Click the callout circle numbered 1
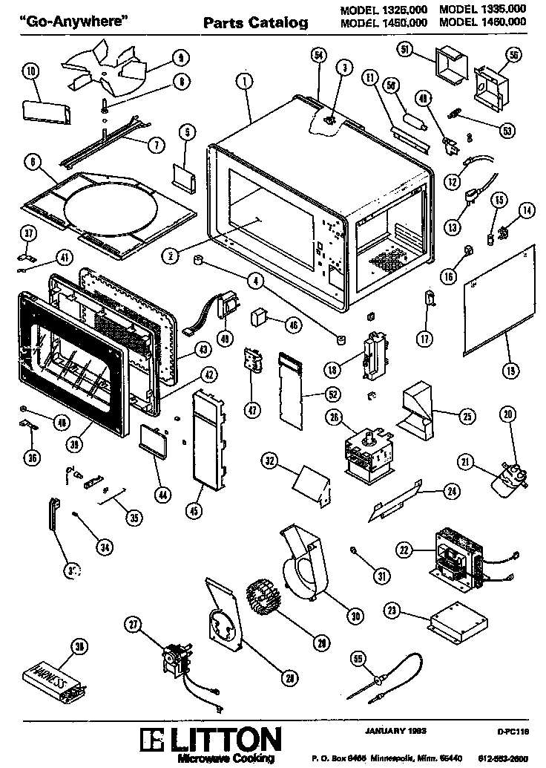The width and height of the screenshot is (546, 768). click(244, 81)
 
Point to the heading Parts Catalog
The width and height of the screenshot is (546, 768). click(256, 23)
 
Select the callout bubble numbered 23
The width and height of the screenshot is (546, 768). click(392, 611)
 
